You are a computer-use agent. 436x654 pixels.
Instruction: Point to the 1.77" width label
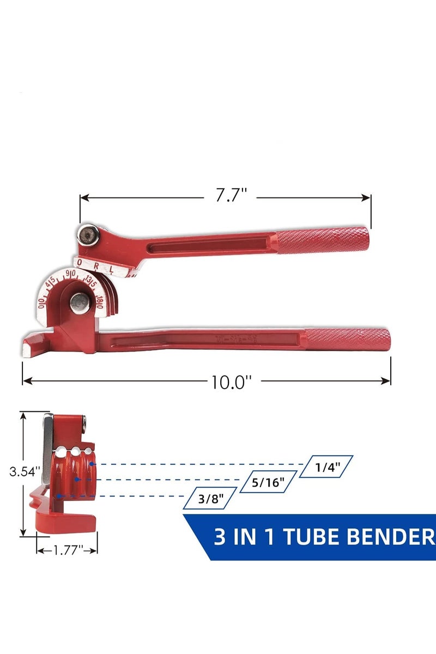pyautogui.click(x=66, y=550)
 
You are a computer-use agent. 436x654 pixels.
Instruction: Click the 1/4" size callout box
pyautogui.click(x=327, y=467)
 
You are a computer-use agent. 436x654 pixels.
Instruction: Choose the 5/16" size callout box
pyautogui.click(x=269, y=482)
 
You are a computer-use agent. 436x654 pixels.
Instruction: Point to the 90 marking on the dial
pyautogui.click(x=70, y=274)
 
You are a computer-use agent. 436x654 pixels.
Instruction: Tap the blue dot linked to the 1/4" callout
pyautogui.click(x=93, y=464)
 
